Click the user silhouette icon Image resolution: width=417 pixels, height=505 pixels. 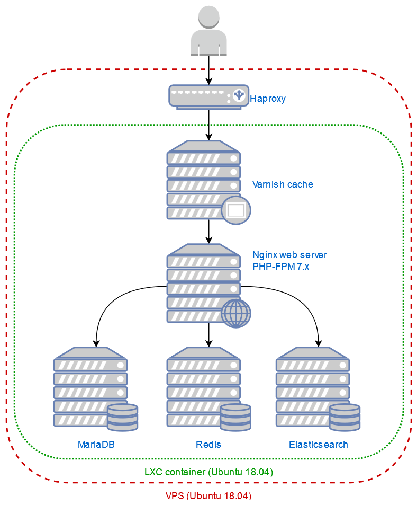[209, 31]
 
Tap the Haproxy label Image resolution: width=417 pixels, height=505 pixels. [268, 98]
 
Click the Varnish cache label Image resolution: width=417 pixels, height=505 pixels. [283, 184]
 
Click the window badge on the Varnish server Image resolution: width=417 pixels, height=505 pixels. [235, 210]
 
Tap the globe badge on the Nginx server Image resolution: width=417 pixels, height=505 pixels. [236, 313]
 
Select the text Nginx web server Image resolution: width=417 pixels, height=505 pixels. [289, 255]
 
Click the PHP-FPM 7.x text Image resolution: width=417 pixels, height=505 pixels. [280, 267]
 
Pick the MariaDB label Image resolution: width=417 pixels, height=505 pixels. [96, 444]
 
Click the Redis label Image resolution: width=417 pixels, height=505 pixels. [208, 444]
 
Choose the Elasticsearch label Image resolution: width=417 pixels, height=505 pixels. [319, 444]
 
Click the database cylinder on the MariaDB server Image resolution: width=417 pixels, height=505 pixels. [122, 417]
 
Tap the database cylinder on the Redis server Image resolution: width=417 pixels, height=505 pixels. [235, 417]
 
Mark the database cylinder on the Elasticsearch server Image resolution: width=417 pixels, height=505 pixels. [345, 417]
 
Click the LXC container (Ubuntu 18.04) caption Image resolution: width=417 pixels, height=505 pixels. [208, 472]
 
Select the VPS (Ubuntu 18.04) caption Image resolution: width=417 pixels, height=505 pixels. [208, 496]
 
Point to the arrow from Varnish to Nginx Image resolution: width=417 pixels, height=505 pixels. [209, 231]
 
